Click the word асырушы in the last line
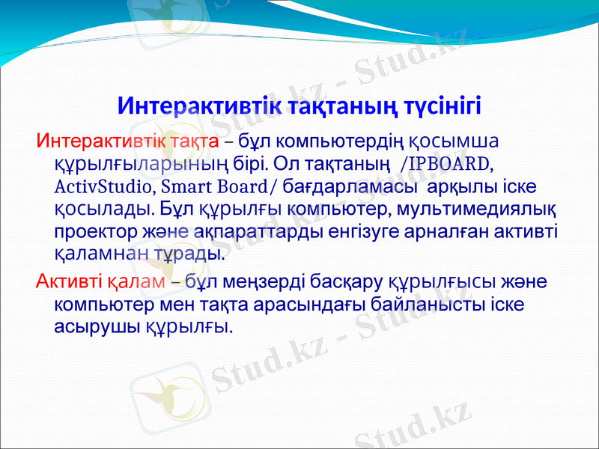click(x=96, y=326)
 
